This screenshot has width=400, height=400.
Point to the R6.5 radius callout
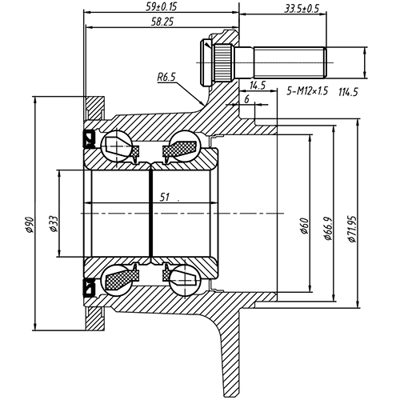166,78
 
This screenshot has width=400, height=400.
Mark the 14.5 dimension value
258,85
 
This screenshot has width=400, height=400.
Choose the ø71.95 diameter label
353,225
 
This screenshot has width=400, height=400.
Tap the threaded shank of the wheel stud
288,61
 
